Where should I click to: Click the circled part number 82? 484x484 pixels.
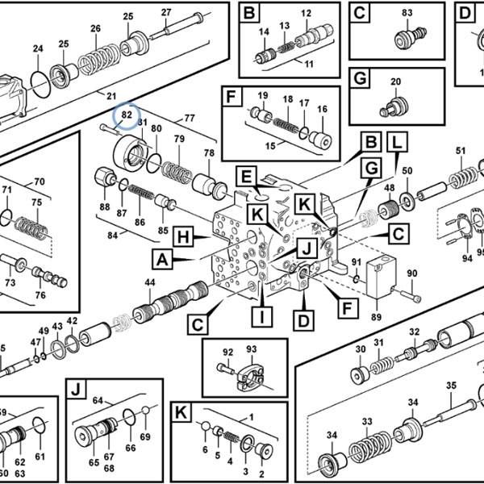(127, 115)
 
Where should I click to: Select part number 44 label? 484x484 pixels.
(150, 282)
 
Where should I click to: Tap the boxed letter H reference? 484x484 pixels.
(183, 237)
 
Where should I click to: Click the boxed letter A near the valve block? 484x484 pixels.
(162, 259)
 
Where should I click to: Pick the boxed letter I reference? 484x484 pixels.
(262, 317)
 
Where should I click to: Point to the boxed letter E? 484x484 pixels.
(246, 177)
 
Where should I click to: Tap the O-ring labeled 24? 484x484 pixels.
(40, 84)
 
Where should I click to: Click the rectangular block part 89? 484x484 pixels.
(381, 277)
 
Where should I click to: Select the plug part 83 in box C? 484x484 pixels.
(411, 37)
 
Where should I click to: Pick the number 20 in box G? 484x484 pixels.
(395, 81)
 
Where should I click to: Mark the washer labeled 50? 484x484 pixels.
(407, 200)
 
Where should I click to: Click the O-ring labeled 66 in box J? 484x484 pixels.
(129, 417)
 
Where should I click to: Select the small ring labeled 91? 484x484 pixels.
(356, 279)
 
